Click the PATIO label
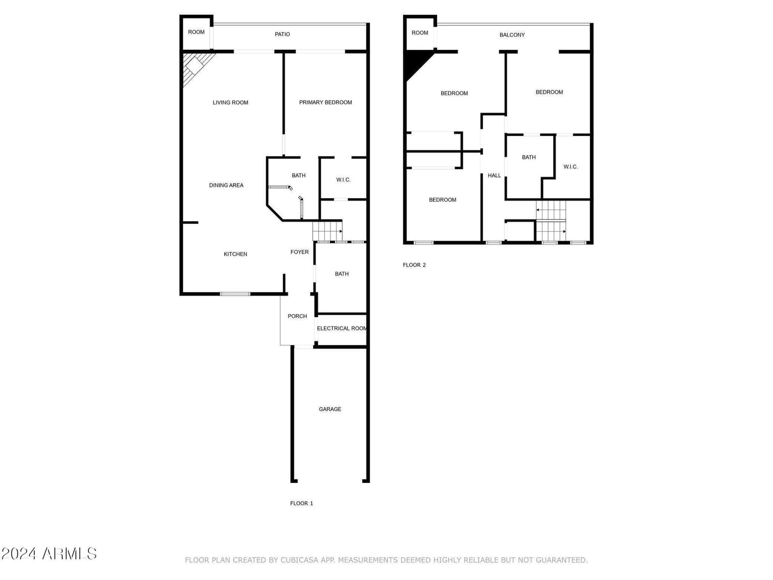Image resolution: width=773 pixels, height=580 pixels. click(282, 34)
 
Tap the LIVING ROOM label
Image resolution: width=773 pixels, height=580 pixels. click(230, 102)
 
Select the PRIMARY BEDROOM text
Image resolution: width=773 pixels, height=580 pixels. click(326, 102)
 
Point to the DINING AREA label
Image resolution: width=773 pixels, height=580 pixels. click(226, 185)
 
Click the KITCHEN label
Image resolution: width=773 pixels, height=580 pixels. click(235, 254)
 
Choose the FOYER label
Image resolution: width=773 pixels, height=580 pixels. click(300, 252)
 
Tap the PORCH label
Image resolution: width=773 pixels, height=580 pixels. click(297, 316)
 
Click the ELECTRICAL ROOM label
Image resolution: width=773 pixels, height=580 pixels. click(342, 328)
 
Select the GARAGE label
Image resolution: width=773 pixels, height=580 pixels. click(330, 409)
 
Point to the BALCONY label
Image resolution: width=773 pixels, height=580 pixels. click(512, 35)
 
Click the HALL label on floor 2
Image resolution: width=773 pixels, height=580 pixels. click(494, 175)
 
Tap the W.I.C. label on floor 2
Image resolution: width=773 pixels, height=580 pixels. click(571, 167)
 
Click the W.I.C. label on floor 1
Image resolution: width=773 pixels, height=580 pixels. click(344, 180)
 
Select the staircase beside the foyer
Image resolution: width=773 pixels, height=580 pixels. click(328, 231)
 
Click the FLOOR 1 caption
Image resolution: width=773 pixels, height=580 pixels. click(301, 503)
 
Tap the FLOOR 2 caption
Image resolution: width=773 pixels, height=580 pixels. click(414, 265)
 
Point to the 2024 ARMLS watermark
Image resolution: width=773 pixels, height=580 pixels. click(49, 553)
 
